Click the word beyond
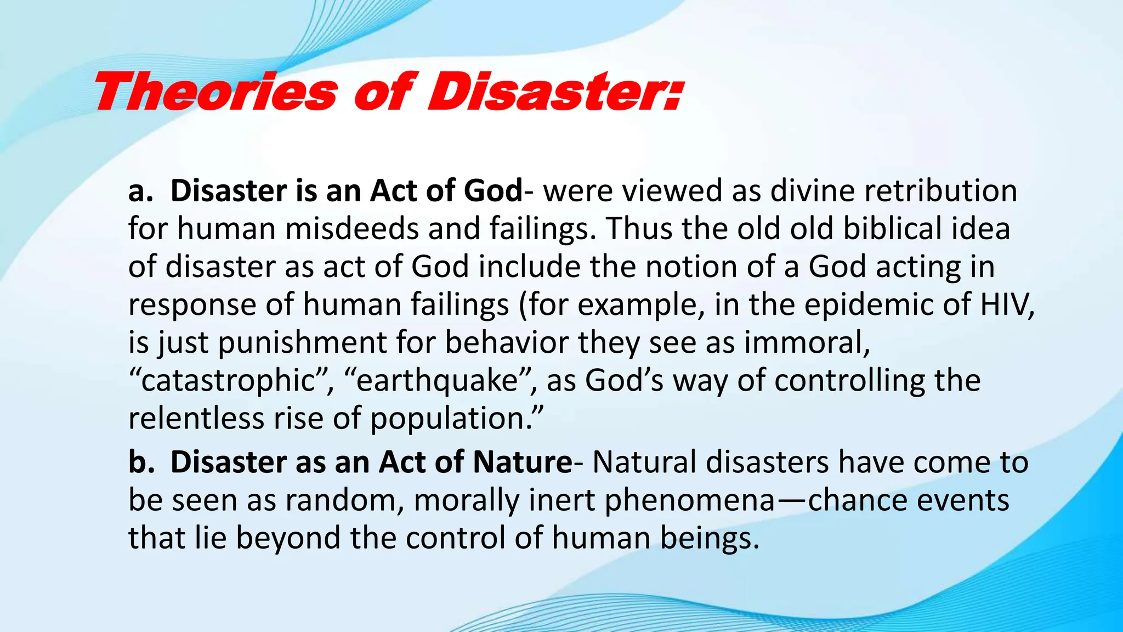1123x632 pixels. pyautogui.click(x=288, y=538)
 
